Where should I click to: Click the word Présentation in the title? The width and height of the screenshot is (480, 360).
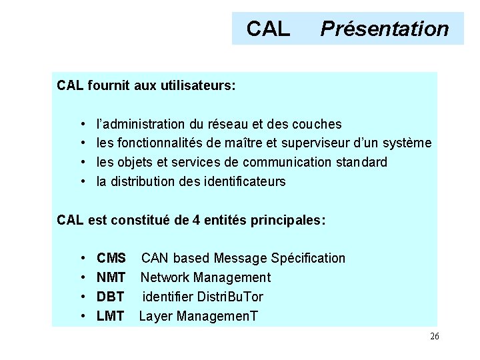385,29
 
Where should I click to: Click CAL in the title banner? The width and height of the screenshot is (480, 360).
268,29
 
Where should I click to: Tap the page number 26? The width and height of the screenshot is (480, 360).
434,337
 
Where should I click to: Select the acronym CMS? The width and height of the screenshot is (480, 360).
111,258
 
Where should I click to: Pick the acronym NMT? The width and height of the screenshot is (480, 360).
111,277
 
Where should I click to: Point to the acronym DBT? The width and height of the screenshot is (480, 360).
111,297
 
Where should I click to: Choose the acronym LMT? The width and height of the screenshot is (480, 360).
111,316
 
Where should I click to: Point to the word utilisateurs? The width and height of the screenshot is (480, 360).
200,86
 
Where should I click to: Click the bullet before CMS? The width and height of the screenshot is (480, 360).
81,258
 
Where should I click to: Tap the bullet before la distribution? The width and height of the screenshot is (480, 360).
81,181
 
